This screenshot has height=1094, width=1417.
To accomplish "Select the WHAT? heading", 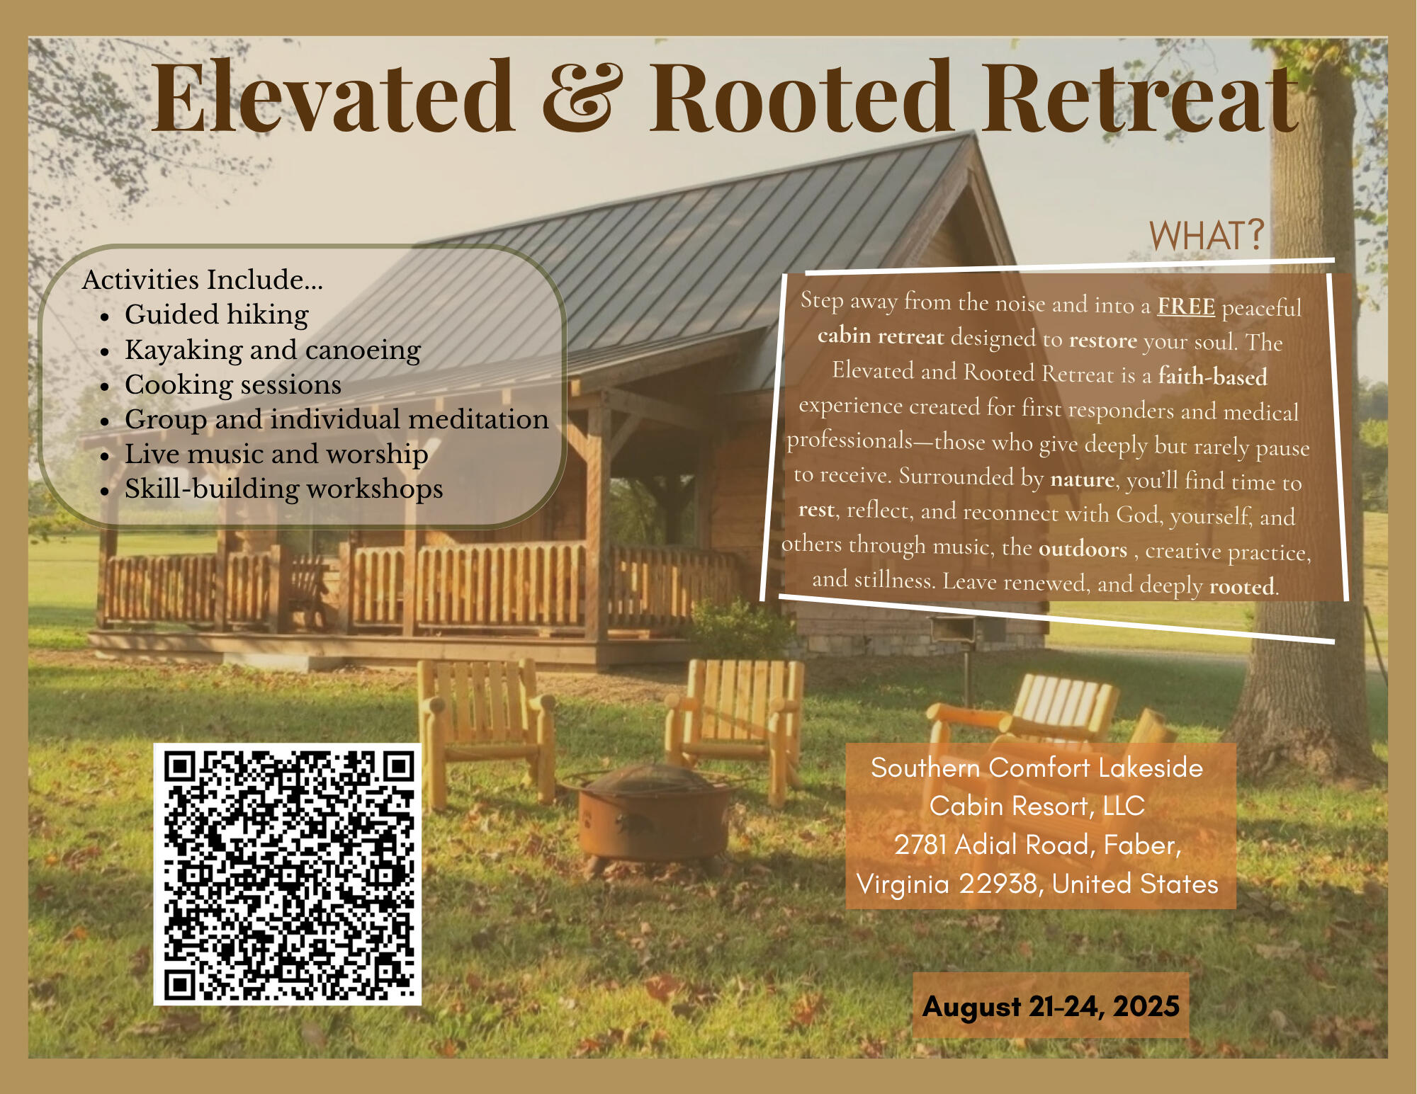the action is (x=1207, y=235).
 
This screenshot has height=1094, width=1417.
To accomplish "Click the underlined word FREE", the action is (x=1186, y=306).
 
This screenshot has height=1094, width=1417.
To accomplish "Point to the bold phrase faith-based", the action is (x=1213, y=375).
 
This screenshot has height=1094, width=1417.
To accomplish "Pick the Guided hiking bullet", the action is (x=217, y=314).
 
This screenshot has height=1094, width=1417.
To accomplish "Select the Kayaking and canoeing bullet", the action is (x=273, y=350).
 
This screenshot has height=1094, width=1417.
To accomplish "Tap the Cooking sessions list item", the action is (x=233, y=384).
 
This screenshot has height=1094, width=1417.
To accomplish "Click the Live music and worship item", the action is (x=276, y=454).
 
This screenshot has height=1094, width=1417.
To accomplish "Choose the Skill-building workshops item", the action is (x=283, y=489).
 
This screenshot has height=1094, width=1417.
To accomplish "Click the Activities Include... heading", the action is (x=203, y=280).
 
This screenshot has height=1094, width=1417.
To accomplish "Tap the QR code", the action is (x=288, y=874).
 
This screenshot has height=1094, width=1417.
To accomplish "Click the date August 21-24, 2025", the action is (x=1051, y=1006).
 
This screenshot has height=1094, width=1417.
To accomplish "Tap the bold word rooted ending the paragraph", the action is (x=1242, y=586).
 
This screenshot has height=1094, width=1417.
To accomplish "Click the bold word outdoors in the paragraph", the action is (x=1083, y=549).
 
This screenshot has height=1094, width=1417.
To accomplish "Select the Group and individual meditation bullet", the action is (x=337, y=419).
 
